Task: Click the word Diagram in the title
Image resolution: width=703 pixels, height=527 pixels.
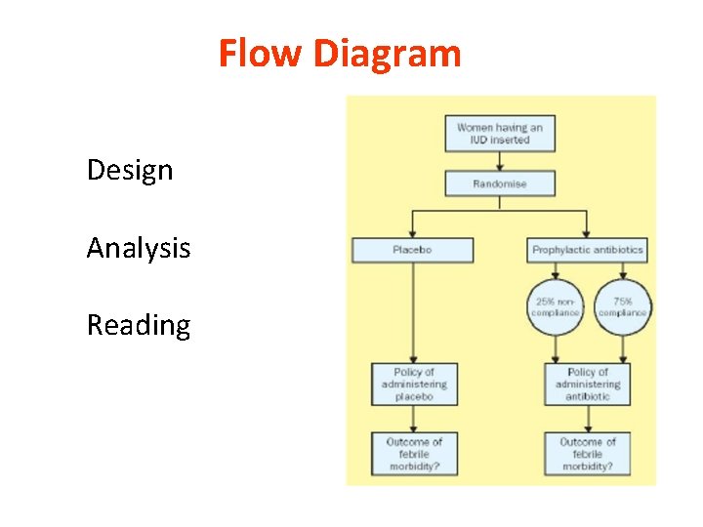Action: pyautogui.click(x=388, y=53)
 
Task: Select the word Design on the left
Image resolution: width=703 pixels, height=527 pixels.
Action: pyautogui.click(x=129, y=170)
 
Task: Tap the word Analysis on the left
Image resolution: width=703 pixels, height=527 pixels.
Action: pyautogui.click(x=138, y=248)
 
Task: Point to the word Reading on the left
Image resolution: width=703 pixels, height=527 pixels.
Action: pyautogui.click(x=138, y=325)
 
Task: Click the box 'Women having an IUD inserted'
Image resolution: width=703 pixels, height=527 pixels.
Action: pyautogui.click(x=500, y=134)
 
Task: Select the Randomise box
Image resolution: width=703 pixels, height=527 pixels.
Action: pyautogui.click(x=500, y=183)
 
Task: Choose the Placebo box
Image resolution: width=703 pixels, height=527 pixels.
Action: pyautogui.click(x=412, y=250)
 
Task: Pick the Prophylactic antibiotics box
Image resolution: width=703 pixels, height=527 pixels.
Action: pyautogui.click(x=587, y=250)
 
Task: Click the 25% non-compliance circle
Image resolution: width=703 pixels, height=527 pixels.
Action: pyautogui.click(x=555, y=306)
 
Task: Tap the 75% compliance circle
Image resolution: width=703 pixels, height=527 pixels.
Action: pyautogui.click(x=622, y=306)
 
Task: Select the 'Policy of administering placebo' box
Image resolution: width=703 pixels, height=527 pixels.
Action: pyautogui.click(x=413, y=384)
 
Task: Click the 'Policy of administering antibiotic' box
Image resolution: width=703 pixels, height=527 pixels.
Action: pyautogui.click(x=587, y=384)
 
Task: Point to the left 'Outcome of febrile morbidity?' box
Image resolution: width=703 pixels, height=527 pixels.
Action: pyautogui.click(x=413, y=454)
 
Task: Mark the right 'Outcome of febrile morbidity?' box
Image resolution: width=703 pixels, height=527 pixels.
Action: pyautogui.click(x=587, y=454)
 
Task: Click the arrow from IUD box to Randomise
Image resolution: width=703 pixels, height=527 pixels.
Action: pyautogui.click(x=500, y=161)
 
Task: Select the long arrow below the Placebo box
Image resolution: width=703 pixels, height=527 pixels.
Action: pyautogui.click(x=413, y=312)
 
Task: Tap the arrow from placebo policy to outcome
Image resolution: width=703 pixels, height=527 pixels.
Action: pyautogui.click(x=413, y=418)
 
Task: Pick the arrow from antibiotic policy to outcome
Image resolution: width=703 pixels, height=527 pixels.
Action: pyautogui.click(x=587, y=418)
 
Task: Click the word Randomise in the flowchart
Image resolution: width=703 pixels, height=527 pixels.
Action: pyautogui.click(x=500, y=183)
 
